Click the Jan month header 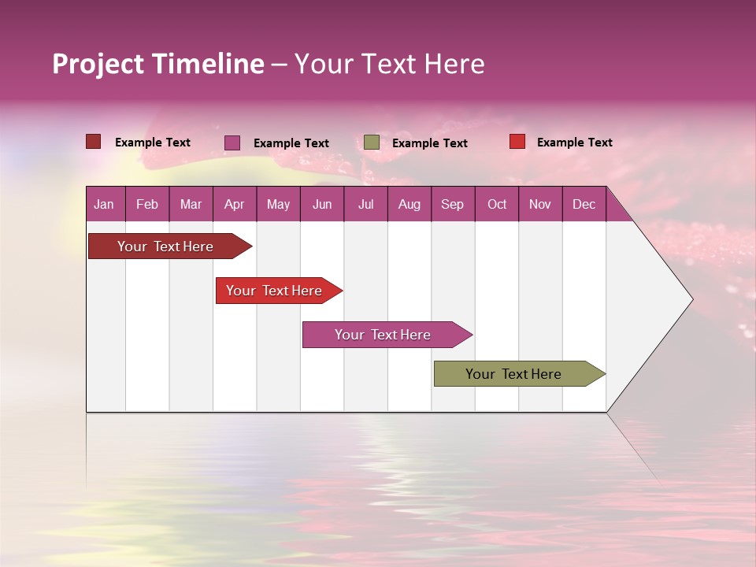[104, 204]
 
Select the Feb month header [147, 204]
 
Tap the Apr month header [234, 204]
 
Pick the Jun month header [322, 204]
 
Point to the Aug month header [409, 204]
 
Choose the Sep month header [452, 204]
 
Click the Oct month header [497, 204]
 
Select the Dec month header [584, 204]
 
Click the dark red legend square [94, 142]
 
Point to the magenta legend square [232, 143]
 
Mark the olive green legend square [372, 143]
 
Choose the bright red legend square [517, 142]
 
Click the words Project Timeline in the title [158, 64]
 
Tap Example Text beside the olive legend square [430, 143]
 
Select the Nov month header [540, 204]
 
